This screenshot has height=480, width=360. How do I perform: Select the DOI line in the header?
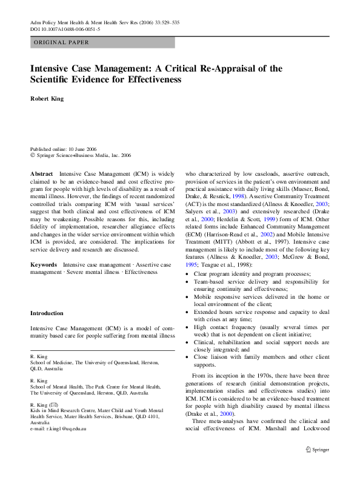coord(65,28)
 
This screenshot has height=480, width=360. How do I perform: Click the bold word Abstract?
coord(42,173)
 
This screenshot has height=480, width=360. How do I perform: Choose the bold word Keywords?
coord(44,265)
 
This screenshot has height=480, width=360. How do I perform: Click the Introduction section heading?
coord(47,313)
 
